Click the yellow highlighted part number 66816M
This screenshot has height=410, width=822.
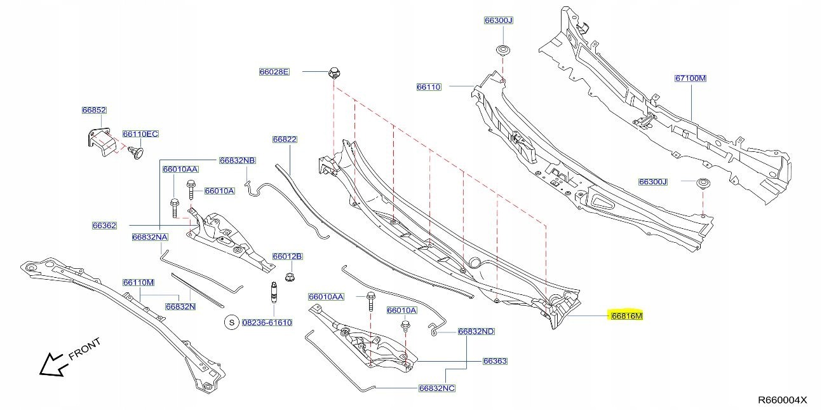click(x=626, y=316)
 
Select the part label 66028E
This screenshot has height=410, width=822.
click(x=274, y=72)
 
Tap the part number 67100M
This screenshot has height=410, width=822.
click(x=690, y=78)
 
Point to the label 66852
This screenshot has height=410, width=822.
click(x=94, y=110)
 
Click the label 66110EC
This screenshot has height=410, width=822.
click(x=140, y=134)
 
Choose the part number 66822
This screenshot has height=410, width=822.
click(x=285, y=139)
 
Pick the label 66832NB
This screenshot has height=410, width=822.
click(x=237, y=161)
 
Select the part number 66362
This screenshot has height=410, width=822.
click(x=104, y=225)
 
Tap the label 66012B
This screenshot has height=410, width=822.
click(x=287, y=256)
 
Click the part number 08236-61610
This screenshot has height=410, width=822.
click(x=266, y=322)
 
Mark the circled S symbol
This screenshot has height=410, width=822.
click(x=232, y=322)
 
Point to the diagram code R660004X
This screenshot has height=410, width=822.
click(x=781, y=400)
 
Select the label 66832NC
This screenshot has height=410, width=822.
click(x=436, y=388)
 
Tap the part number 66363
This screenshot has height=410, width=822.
click(x=494, y=361)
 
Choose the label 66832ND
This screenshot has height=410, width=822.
click(x=476, y=331)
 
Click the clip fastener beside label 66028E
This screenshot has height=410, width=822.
click(x=334, y=72)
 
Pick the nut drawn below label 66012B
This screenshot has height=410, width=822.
click(x=290, y=277)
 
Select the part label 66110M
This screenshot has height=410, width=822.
click(x=138, y=282)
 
